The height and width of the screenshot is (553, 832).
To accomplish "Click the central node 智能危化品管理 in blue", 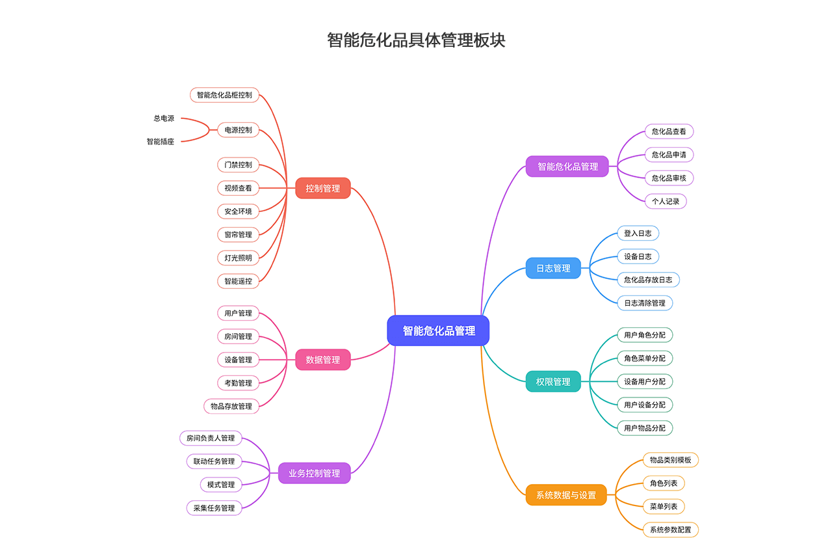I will pos(438,330).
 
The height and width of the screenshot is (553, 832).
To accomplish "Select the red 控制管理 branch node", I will pos(323,188).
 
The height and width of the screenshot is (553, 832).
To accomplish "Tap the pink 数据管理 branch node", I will pos(323,360).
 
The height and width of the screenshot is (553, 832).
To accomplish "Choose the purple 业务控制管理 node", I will pos(315,473).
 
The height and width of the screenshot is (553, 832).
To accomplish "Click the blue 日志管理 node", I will pos(553,268).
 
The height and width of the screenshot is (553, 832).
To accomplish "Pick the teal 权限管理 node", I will pos(553,381).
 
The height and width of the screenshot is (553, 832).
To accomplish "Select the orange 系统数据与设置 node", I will pos(566,495).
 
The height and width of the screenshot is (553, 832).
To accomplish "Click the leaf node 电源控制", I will pos(238,130).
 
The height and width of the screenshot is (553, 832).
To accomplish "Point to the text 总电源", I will pos(164,118).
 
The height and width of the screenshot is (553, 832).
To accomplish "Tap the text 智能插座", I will pos(161,141).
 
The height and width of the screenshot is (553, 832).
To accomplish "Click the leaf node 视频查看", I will pos(238,188).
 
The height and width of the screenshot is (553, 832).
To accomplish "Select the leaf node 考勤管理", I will pos(238,383).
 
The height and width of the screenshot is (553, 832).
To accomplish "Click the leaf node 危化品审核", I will pos(669,178).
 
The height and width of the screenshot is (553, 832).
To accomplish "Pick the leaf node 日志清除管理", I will pos(645,303).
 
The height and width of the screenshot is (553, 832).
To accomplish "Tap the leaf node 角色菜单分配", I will pos(645,358).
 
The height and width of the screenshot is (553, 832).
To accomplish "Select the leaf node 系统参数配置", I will pos(671,530).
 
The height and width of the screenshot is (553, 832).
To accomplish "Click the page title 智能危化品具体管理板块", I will pos(416,40).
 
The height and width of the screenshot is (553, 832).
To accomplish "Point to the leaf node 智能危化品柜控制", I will pos(224,95).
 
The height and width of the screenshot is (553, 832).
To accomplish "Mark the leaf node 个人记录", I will pos(666,201).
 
